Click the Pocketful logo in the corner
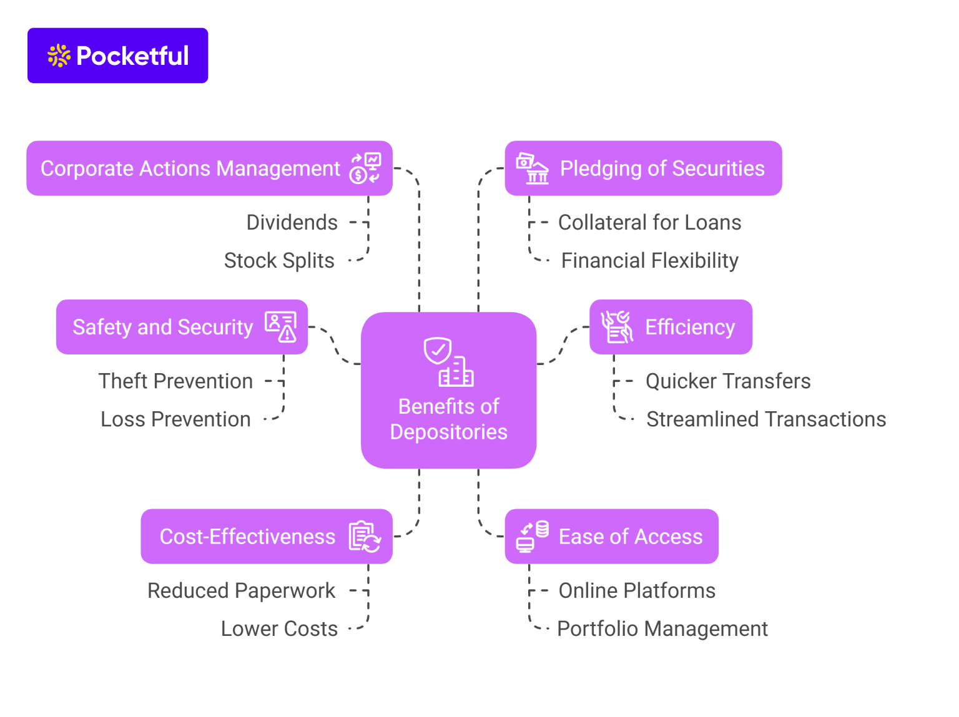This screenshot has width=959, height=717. click(x=117, y=56)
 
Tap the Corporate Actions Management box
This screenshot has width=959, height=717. click(x=209, y=168)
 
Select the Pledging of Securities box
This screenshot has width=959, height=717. click(x=643, y=168)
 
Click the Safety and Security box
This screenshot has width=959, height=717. click(x=182, y=327)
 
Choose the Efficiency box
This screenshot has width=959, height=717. click(x=671, y=327)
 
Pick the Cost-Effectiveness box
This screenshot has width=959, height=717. click(x=267, y=537)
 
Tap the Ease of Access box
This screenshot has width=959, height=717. click(x=611, y=537)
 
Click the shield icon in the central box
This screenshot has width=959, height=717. click(x=438, y=351)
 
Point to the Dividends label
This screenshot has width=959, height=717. click(x=292, y=223)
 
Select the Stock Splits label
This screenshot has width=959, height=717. click(x=279, y=261)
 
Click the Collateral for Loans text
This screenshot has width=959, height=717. click(x=649, y=223)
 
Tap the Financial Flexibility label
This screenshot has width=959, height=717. click(x=649, y=261)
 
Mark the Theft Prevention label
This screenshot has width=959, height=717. click(x=175, y=381)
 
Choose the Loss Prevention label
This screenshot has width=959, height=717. click(x=175, y=419)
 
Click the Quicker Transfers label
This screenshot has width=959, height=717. click(x=728, y=381)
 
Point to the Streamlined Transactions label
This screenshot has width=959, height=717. click(x=766, y=419)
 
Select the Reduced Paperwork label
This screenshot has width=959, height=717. click(x=241, y=591)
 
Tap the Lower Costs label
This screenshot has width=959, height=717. click(x=279, y=629)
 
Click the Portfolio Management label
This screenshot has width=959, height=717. click(x=662, y=629)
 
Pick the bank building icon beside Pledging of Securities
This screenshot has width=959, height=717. click(x=533, y=168)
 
